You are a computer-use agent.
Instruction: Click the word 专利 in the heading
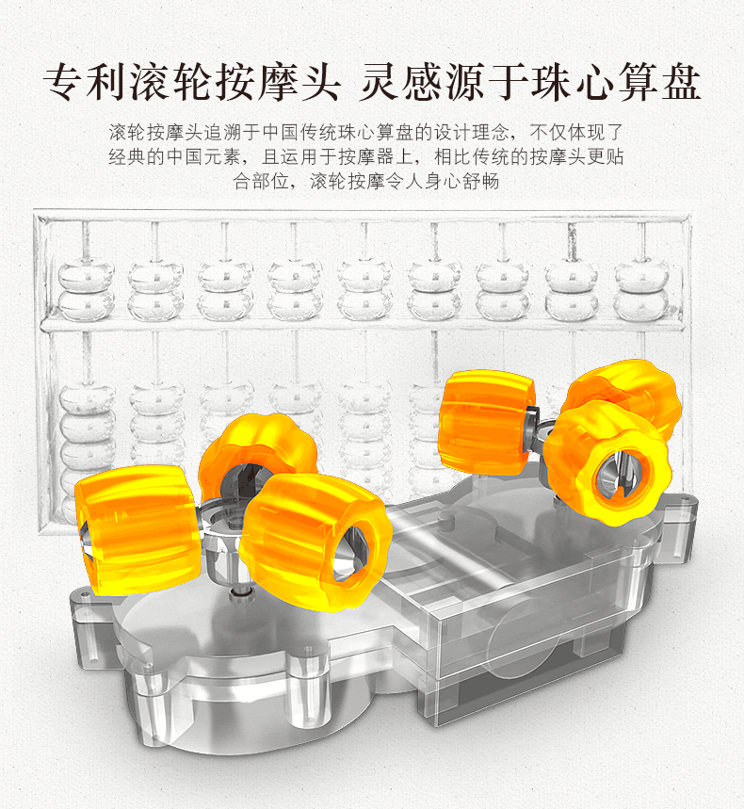[x=77, y=83]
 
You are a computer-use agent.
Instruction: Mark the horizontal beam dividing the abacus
[x=367, y=324]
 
